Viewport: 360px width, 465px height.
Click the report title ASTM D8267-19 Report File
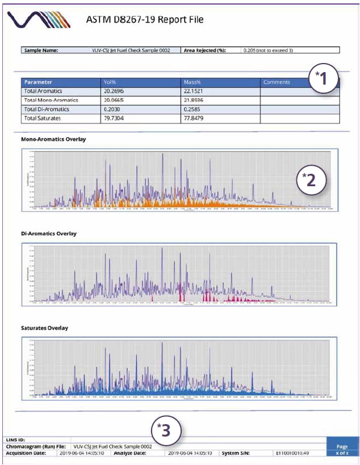coord(144,20)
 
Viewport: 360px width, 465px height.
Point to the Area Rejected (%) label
coord(205,50)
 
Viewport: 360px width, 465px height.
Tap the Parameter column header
coord(39,82)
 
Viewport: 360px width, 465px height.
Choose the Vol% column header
coord(119,82)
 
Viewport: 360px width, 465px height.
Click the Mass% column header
coord(194,82)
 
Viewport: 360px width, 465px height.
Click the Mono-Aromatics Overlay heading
coord(53,139)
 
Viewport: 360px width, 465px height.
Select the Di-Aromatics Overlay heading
coord(49,233)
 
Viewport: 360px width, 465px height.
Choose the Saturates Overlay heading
coord(45,328)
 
